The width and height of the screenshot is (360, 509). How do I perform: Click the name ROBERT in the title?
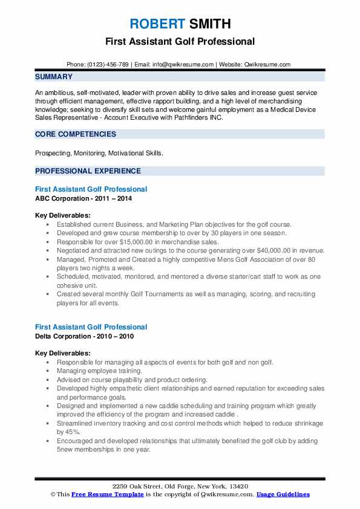(155, 24)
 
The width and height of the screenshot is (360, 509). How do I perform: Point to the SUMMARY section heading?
(54, 77)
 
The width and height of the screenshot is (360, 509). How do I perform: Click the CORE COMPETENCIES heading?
(75, 134)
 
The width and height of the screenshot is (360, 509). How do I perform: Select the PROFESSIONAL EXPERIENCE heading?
(88, 171)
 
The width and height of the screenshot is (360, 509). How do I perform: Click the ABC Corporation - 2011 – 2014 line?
(83, 198)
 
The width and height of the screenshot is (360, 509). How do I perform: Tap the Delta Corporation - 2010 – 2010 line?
(85, 336)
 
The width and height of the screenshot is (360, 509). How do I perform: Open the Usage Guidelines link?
(283, 494)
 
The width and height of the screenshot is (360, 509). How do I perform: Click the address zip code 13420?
(239, 487)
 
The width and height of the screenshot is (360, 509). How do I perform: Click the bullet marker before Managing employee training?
(47, 371)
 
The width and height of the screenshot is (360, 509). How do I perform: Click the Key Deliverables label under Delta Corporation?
(63, 353)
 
